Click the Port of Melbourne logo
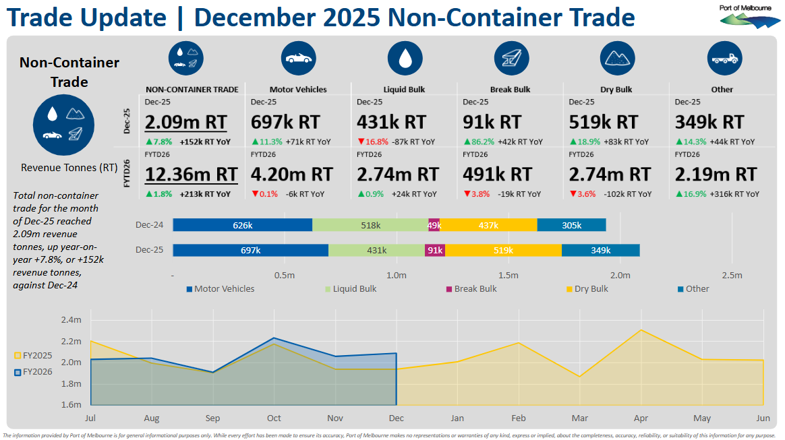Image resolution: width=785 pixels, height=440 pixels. [x=747, y=16]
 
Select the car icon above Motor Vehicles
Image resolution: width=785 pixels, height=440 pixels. [x=298, y=59]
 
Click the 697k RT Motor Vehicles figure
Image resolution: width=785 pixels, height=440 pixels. [x=285, y=122]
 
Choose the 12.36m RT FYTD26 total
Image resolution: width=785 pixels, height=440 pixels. [x=192, y=174]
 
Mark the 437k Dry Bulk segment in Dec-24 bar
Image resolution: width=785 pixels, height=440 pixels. [x=488, y=226]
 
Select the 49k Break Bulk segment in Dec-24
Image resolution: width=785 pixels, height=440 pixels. [x=434, y=226]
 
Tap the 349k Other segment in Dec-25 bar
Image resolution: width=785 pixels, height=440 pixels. [x=600, y=251]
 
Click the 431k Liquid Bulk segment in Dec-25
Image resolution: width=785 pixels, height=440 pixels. [x=376, y=251]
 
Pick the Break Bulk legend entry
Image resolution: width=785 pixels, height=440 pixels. [x=471, y=289]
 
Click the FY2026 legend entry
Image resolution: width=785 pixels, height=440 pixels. [x=34, y=372]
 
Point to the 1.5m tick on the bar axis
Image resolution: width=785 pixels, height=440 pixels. [x=508, y=275]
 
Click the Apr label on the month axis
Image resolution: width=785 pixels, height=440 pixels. [x=641, y=418]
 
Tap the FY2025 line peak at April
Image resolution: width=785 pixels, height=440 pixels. [x=641, y=330]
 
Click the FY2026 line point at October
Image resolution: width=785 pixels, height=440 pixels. [x=273, y=338]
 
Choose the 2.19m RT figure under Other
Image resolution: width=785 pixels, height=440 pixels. [x=716, y=174]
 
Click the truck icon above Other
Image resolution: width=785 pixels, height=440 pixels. [x=724, y=59]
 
